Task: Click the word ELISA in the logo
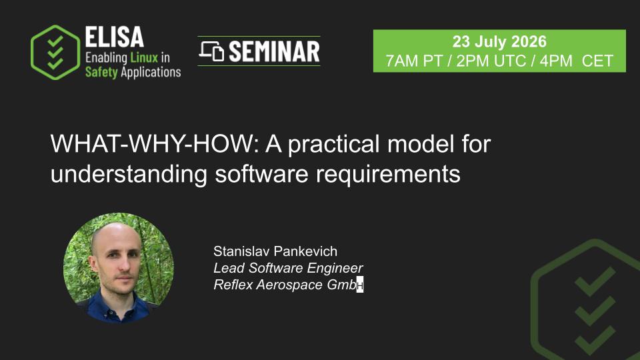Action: [x=114, y=37]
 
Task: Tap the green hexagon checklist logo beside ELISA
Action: [x=55, y=52]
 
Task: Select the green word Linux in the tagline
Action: [x=144, y=57]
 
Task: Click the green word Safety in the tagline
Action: [x=101, y=72]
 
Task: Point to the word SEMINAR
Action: [x=274, y=51]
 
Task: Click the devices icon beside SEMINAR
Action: [x=211, y=51]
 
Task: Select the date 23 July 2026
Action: [x=499, y=41]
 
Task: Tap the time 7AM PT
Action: [x=414, y=61]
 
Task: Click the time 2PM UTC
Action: [x=491, y=61]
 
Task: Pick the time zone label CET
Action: [x=597, y=61]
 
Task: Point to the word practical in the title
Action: [x=334, y=145]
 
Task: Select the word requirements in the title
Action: [x=388, y=175]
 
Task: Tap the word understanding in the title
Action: [x=129, y=175]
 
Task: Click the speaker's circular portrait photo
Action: [x=119, y=268]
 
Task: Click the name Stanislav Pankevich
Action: [x=275, y=251]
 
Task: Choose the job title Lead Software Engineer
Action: [x=288, y=268]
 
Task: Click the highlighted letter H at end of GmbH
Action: [x=359, y=285]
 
